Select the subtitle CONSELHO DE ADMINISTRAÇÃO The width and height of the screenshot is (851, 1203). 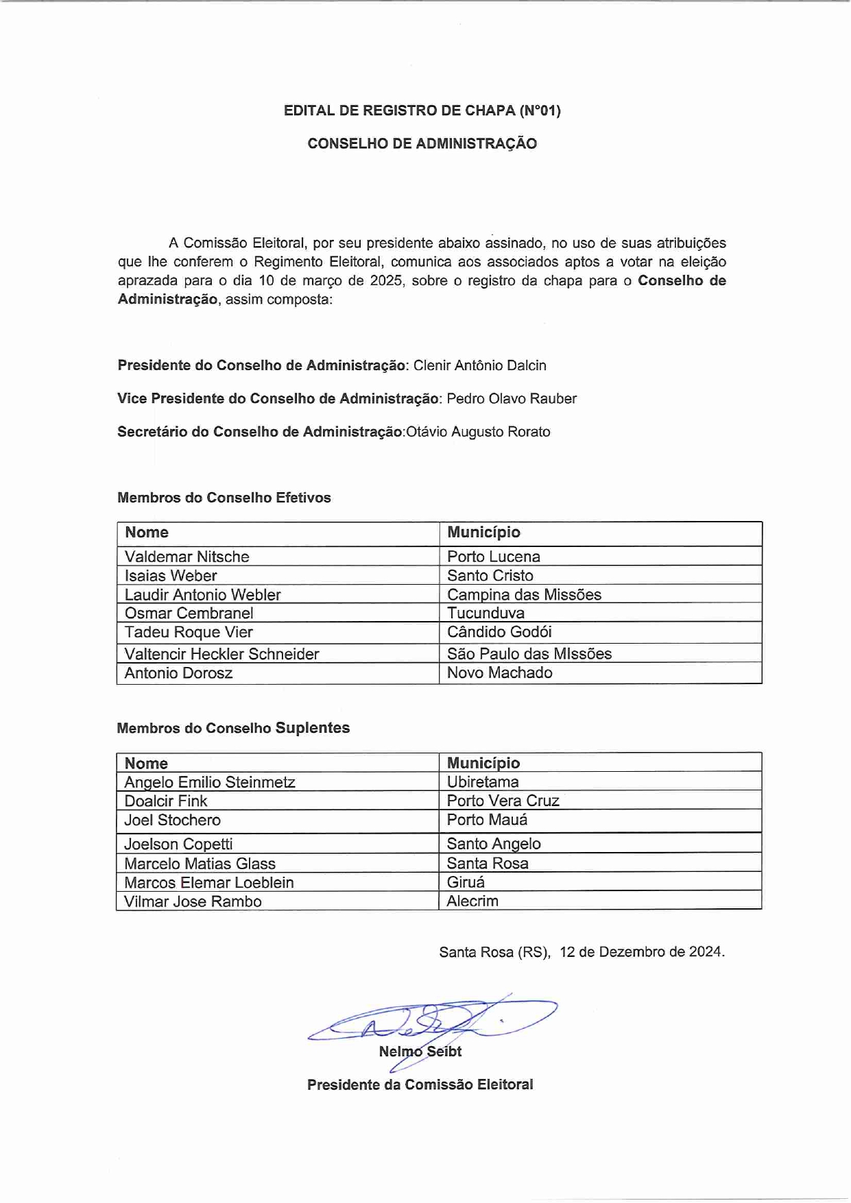[x=422, y=143]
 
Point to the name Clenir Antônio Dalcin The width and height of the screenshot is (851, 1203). [x=479, y=365]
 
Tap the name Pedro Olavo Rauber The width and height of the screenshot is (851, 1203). [x=512, y=398]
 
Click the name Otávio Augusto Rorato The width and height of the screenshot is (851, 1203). [x=479, y=432]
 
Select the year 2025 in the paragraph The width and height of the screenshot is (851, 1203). [x=386, y=280]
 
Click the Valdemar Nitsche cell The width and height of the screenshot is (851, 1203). [x=187, y=557]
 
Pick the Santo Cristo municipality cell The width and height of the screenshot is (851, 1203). [x=490, y=576]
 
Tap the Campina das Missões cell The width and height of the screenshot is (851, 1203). [x=525, y=594]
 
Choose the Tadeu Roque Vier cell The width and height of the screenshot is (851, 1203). [x=189, y=632]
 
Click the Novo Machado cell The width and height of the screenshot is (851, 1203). [x=500, y=672]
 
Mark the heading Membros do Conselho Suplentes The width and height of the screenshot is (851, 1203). [x=233, y=728]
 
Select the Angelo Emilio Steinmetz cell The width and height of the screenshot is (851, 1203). [x=210, y=782]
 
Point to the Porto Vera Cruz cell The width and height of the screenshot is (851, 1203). [x=503, y=801]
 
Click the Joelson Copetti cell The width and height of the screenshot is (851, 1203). [x=178, y=844]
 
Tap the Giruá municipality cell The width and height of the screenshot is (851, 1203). [x=466, y=882]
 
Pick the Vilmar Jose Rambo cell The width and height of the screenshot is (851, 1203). [x=193, y=901]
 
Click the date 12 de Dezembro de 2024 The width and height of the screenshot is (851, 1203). [x=641, y=952]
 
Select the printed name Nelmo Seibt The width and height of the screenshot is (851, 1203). [x=420, y=1052]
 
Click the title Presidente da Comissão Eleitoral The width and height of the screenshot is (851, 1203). [x=420, y=1084]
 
